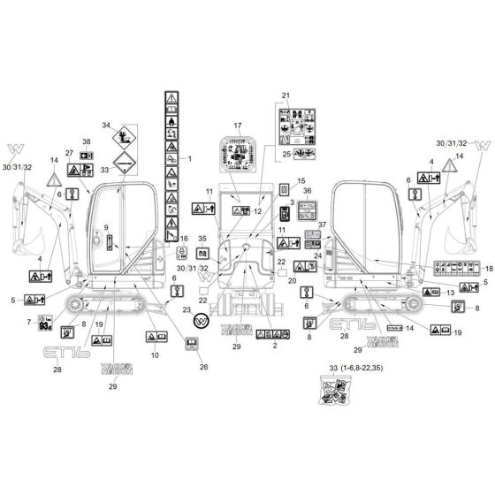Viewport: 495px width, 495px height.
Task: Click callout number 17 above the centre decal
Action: [237, 127]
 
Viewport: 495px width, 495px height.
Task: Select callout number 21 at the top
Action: [286, 95]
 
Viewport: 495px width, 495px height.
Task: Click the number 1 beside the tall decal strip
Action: [188, 158]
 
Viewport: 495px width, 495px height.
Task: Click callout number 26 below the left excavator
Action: [203, 367]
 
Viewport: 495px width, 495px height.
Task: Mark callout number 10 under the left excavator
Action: [155, 354]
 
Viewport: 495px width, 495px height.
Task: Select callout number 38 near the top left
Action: [87, 141]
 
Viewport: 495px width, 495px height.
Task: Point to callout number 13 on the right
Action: [450, 292]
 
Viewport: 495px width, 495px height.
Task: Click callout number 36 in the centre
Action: [308, 190]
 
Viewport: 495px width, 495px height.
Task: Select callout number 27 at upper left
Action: [70, 152]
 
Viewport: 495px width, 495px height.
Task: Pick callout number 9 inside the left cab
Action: [106, 227]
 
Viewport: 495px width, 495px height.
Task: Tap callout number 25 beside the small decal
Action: [286, 155]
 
